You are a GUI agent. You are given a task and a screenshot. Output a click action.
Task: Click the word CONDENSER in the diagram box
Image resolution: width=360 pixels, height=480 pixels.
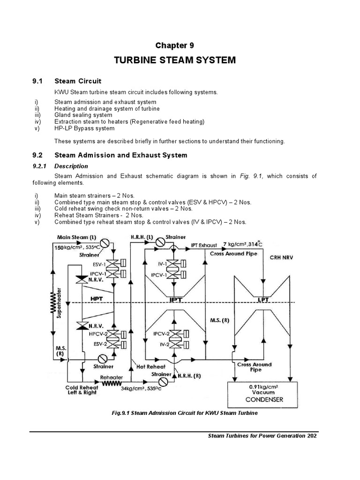(x=261, y=400)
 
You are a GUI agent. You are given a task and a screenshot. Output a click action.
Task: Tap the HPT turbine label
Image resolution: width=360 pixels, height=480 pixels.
(x=97, y=298)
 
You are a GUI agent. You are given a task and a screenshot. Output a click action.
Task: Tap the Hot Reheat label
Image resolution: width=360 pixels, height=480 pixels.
(x=149, y=366)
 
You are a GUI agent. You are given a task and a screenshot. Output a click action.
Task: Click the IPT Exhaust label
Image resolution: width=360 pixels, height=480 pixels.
(x=204, y=245)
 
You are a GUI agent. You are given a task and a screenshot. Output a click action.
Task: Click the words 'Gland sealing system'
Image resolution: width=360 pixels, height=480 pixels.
(x=83, y=115)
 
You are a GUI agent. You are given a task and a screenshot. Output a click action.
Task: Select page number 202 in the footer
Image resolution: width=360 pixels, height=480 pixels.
(x=312, y=436)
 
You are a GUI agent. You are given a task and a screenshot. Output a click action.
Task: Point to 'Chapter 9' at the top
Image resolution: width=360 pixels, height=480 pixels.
(x=174, y=45)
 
